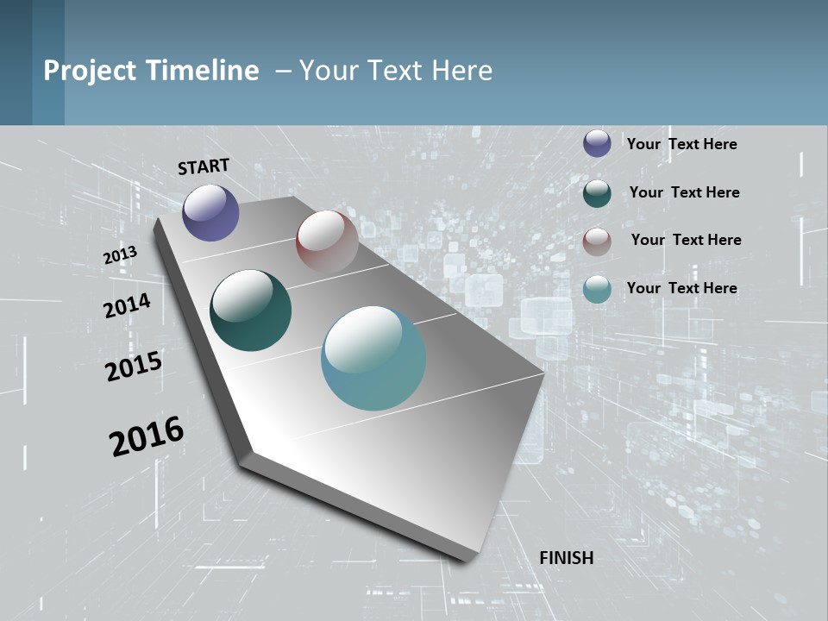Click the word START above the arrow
click(204, 166)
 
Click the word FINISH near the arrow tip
click(566, 558)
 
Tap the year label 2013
click(120, 255)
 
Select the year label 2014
click(127, 305)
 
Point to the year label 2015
click(133, 367)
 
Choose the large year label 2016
click(147, 436)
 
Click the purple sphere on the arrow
click(210, 212)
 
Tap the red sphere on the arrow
click(327, 241)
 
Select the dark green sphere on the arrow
click(250, 310)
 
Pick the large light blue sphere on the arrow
click(373, 358)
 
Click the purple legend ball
click(597, 143)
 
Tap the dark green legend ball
click(597, 192)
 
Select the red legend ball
click(597, 241)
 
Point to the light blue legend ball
click(597, 289)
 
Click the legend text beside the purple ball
click(681, 144)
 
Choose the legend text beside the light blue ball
click(681, 288)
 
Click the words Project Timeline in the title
click(151, 71)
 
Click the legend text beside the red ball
click(686, 240)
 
